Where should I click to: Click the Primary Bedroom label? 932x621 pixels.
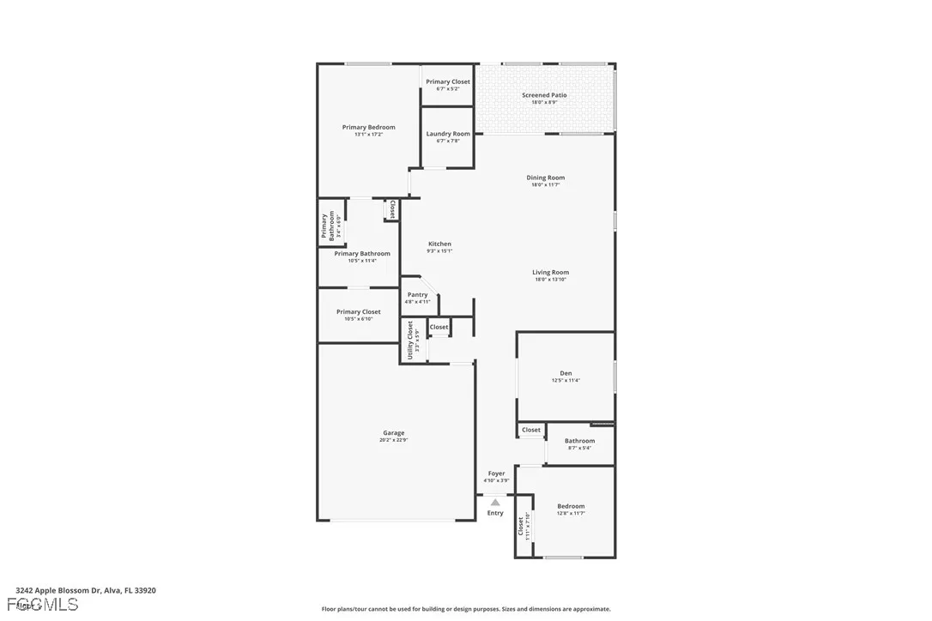[368, 127]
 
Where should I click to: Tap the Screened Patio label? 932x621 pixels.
[544, 95]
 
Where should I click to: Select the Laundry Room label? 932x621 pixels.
[448, 134]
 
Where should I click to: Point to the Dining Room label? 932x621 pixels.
[545, 178]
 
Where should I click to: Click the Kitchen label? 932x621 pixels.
[439, 244]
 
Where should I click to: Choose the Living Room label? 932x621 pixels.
[550, 273]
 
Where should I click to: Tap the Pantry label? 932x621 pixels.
[417, 295]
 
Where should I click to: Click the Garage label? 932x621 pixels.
[393, 433]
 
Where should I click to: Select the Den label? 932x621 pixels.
[566, 373]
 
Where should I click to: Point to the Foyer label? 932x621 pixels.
[496, 473]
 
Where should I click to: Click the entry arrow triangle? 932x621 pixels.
[495, 503]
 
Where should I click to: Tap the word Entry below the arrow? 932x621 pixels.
[495, 513]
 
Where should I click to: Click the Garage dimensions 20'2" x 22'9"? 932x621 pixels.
[393, 440]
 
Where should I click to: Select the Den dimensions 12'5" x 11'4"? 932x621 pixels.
[566, 380]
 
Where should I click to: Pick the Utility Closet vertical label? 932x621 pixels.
[410, 340]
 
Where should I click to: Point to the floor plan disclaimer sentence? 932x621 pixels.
[466, 609]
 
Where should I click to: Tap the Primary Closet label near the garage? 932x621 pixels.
[358, 312]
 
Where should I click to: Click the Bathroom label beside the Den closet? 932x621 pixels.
[579, 441]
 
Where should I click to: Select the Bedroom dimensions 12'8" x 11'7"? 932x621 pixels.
[571, 513]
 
